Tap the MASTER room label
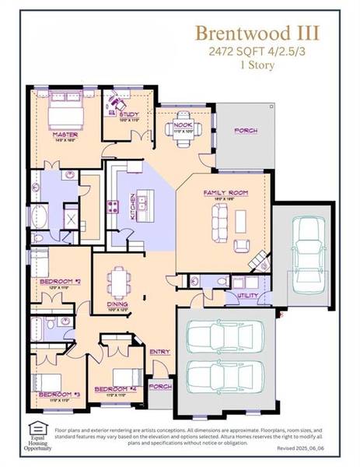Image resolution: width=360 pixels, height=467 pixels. pos(65,134)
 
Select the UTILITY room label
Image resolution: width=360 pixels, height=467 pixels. pos(247,296)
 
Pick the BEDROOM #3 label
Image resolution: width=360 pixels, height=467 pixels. pos(55,395)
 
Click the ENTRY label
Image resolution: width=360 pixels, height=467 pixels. pos(159,352)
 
